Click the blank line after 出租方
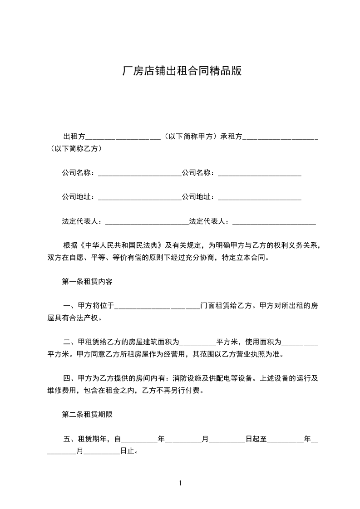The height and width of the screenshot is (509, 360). coord(123,137)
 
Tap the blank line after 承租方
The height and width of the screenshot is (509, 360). coord(280,137)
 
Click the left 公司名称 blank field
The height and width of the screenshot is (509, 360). coord(139,173)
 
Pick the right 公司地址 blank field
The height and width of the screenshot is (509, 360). coord(260,197)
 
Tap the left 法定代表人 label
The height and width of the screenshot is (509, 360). coord(83,222)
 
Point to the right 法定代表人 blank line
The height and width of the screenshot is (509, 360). coord(274,222)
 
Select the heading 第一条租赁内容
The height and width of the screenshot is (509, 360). coord(87,281)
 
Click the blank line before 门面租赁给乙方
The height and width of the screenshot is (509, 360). coord(157,306)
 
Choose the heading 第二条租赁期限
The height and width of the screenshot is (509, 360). coord(87,414)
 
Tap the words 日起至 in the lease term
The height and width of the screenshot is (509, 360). coord(256,439)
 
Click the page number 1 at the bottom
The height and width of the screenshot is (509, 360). coord(180,484)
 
